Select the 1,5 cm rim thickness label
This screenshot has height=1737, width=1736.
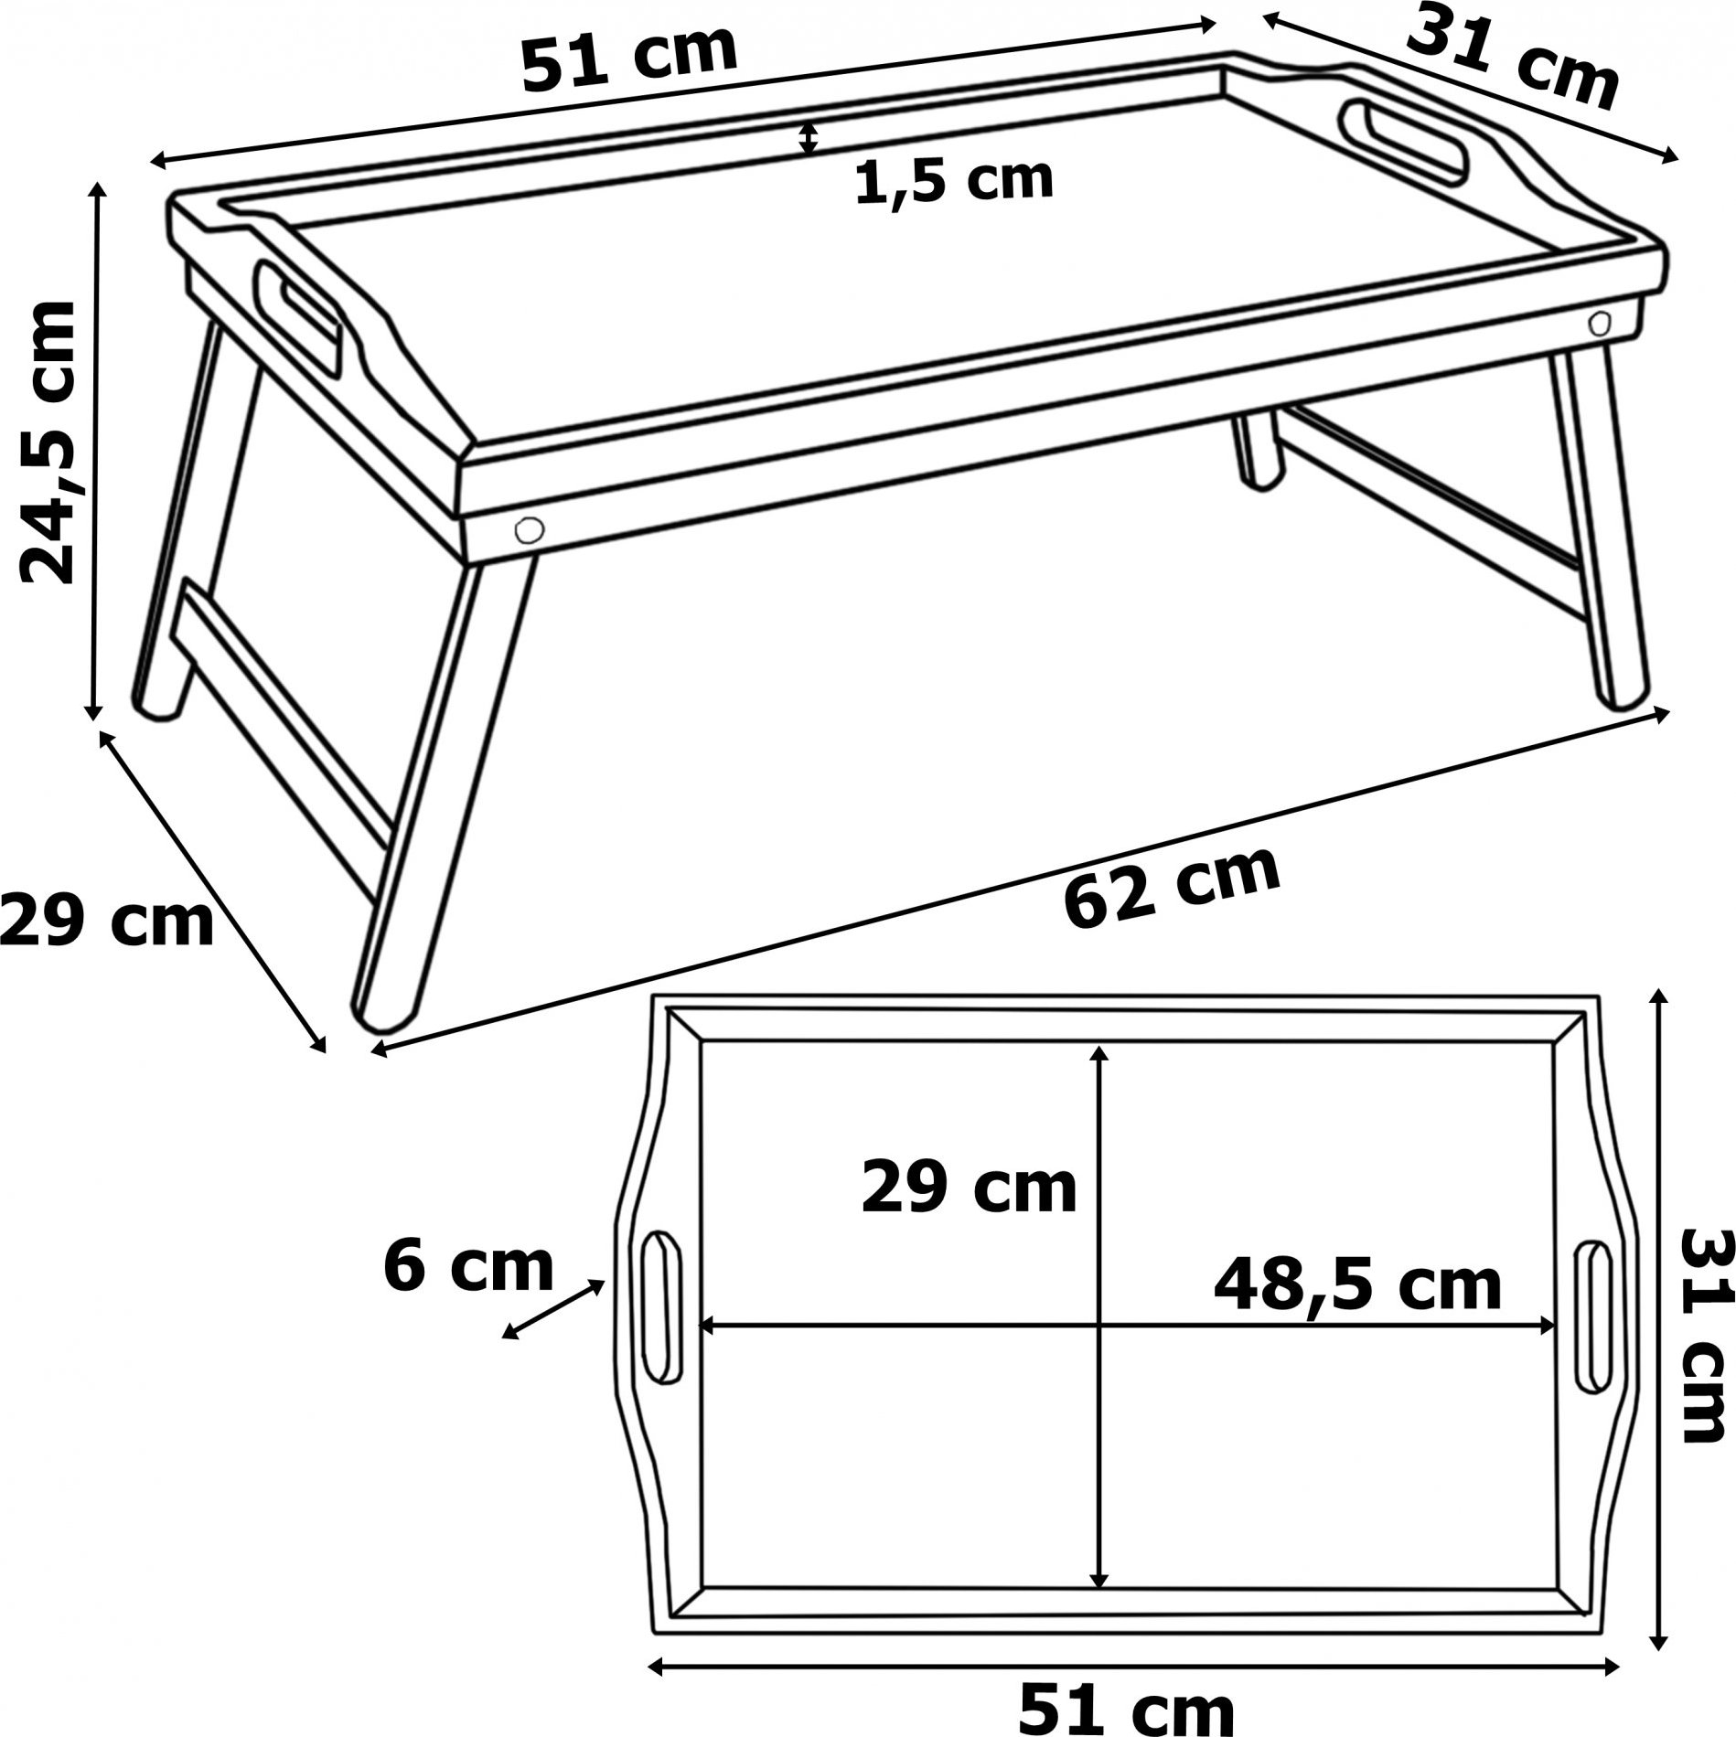pos(954,181)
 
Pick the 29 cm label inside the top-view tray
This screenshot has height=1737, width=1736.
pos(969,1188)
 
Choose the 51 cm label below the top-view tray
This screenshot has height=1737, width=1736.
pos(1127,1706)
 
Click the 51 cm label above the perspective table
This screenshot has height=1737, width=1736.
pos(629,59)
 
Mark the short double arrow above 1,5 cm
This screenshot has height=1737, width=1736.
pos(807,138)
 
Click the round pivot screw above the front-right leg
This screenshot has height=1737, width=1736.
pos(1600,322)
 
